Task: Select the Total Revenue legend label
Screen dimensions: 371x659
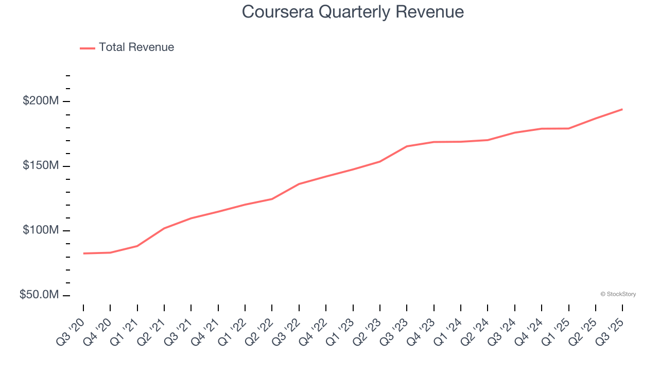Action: coord(136,47)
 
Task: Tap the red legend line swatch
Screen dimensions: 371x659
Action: coord(88,48)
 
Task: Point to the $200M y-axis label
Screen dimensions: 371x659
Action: coord(41,101)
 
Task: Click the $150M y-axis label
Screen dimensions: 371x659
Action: coord(41,166)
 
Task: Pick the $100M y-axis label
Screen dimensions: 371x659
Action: coord(41,230)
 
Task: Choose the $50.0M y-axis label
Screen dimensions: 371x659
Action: coord(39,295)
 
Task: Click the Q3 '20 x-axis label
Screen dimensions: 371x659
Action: coord(70,328)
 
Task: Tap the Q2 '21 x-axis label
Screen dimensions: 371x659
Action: coord(151,328)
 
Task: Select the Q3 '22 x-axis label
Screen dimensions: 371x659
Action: coord(286,328)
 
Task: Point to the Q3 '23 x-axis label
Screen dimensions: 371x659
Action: coord(393,328)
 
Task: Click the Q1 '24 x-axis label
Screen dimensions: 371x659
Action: coord(447,328)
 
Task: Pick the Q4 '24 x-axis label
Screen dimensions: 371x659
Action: coord(528,328)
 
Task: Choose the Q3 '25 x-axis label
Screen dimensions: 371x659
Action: coord(609,328)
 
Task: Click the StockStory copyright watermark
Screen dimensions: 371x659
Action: coord(618,294)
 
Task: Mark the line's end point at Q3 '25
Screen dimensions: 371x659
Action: coord(622,109)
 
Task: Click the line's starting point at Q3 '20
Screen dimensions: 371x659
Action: coord(83,254)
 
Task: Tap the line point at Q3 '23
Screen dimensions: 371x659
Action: coord(407,146)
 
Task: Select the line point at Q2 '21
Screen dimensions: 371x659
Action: coord(164,228)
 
